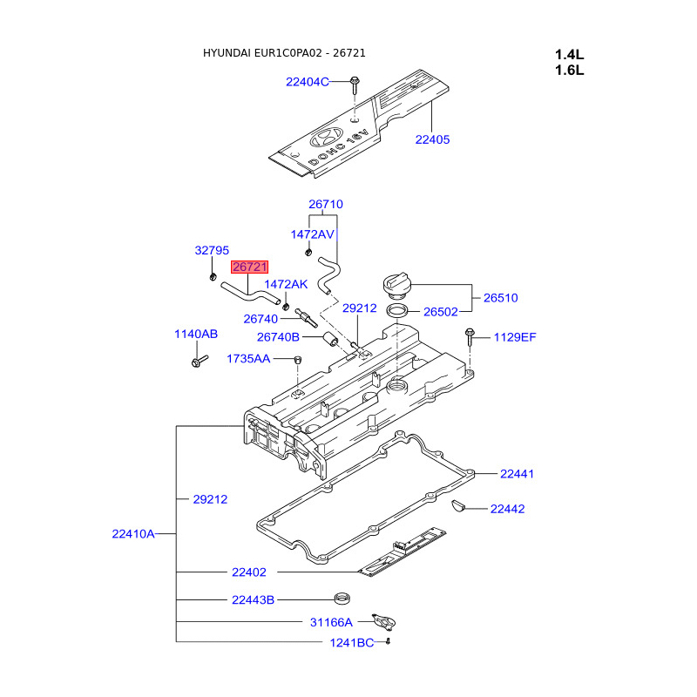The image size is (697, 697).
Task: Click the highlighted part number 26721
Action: coord(249,267)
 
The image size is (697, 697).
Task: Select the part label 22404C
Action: coord(308,82)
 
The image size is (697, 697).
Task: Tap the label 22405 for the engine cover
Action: coord(432,139)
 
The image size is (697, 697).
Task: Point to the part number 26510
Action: coord(500,298)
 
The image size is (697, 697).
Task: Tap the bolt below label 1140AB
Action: coord(199,361)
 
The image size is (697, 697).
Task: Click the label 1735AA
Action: coord(248,359)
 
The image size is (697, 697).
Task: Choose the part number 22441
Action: coord(517,474)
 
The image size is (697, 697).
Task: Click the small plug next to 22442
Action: coord(458,505)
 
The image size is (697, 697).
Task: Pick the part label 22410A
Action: coord(133,534)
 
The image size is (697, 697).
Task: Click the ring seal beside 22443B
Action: coord(342,599)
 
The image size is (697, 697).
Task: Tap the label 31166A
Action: coord(331,622)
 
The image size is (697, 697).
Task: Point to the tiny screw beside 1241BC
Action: coord(388,641)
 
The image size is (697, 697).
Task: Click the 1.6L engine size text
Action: coord(570,71)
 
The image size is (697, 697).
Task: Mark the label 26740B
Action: coord(278,337)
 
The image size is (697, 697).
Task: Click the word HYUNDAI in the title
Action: coord(227,53)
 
